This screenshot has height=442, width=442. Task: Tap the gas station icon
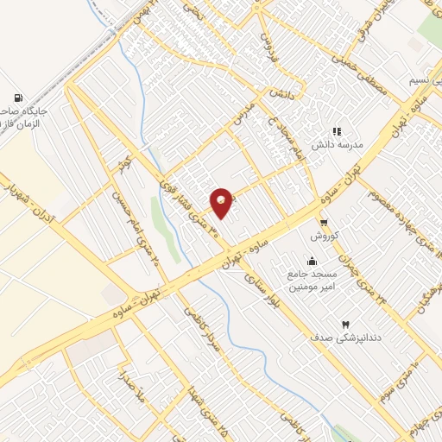17,98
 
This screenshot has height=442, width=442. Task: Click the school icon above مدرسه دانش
337,132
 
